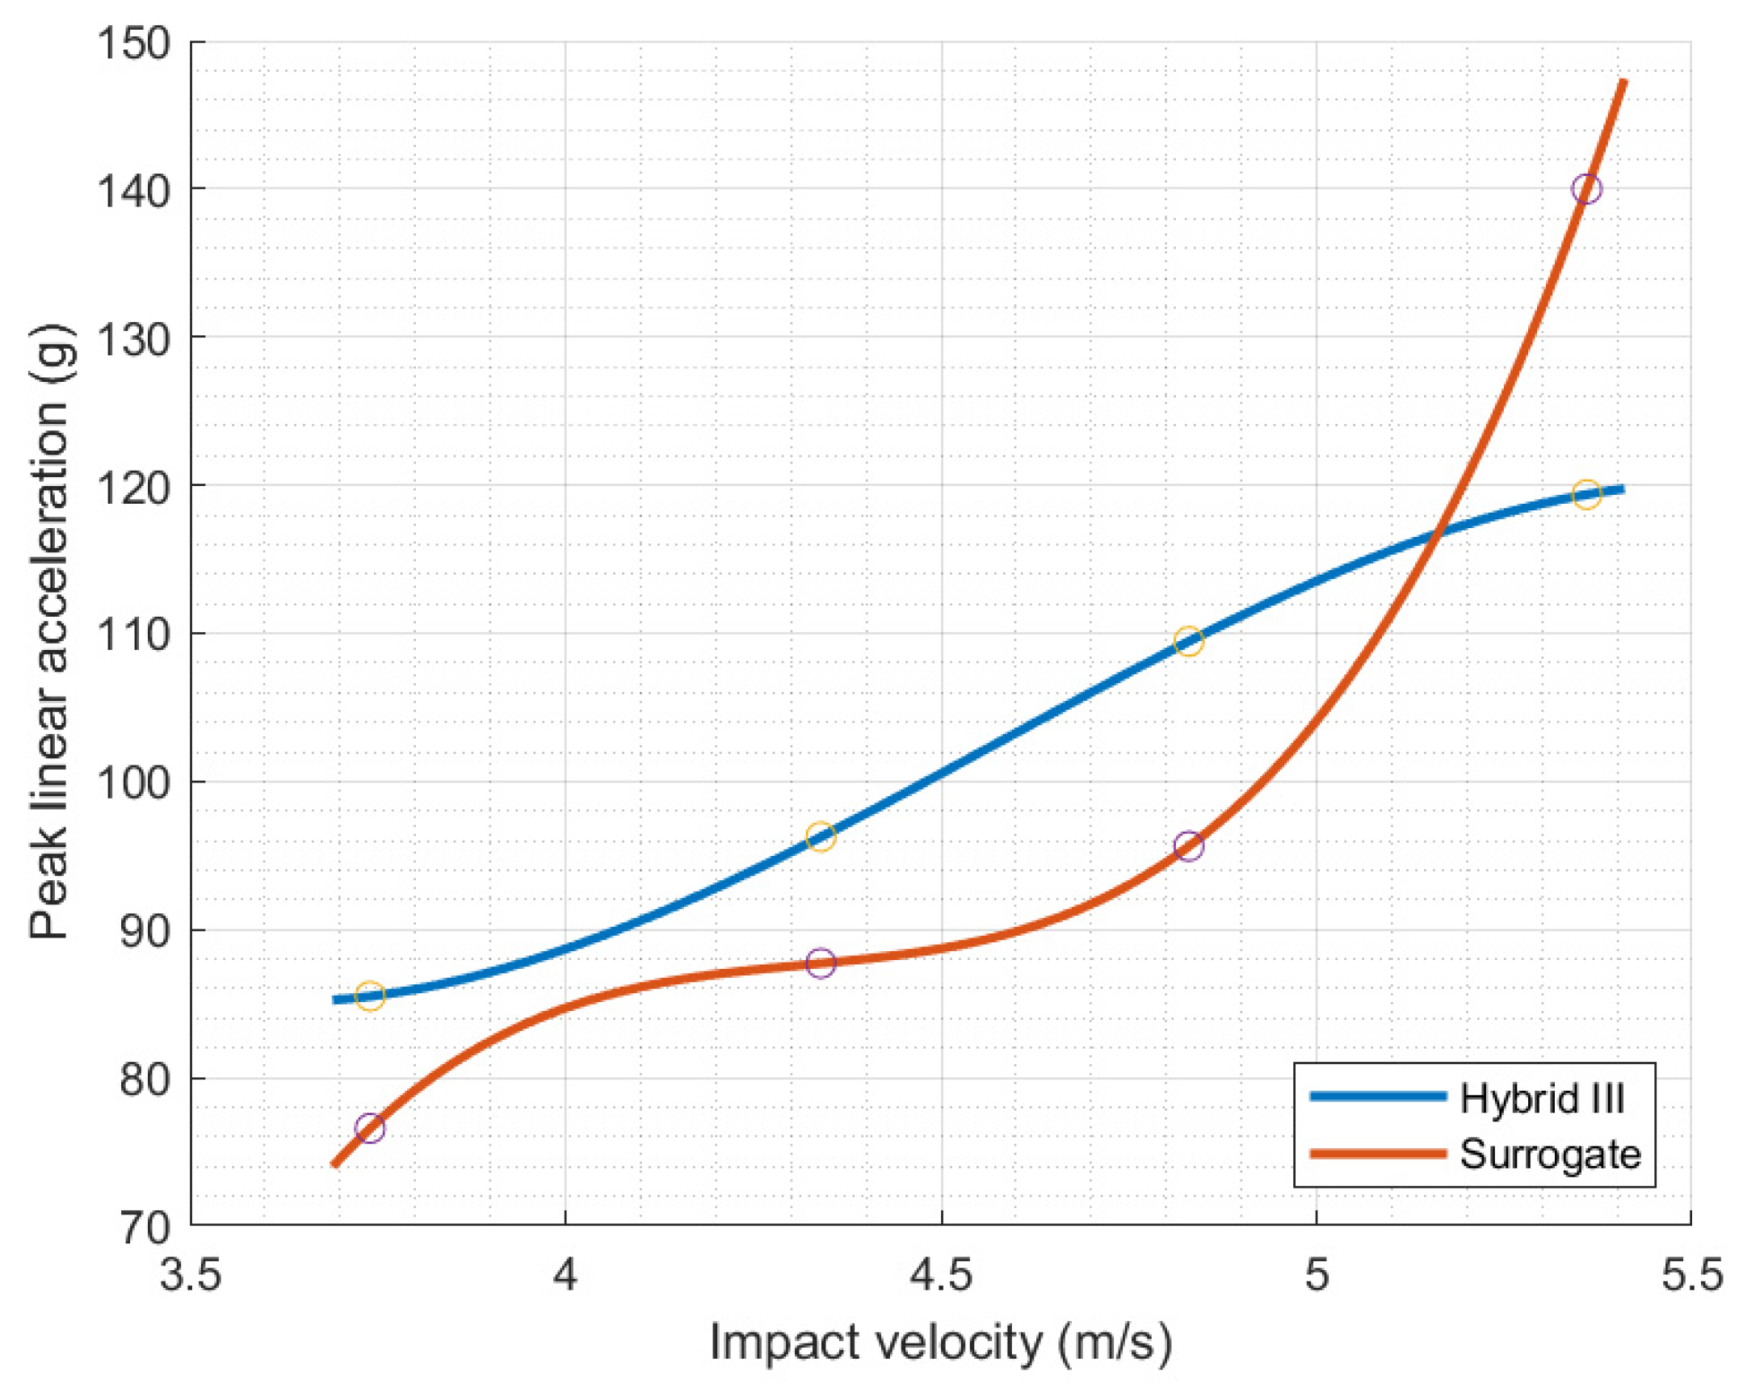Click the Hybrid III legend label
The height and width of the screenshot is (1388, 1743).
pos(1542,1099)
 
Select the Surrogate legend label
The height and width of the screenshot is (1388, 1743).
pos(1550,1155)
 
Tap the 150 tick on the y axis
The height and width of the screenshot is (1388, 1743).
pos(134,43)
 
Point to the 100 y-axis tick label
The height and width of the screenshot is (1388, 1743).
pos(134,782)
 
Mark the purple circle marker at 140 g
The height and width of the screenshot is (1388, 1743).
pos(1586,189)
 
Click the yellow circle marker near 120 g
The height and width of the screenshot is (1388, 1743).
pos(1586,494)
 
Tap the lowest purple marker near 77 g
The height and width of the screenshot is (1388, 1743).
pos(369,1128)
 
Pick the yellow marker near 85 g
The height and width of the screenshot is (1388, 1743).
pos(369,996)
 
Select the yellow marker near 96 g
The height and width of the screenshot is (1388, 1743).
pos(821,837)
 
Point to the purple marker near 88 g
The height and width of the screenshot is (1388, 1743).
pos(821,962)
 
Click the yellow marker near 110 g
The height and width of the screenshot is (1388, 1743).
pos(1187,641)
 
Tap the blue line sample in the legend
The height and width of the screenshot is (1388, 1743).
pos(1378,1097)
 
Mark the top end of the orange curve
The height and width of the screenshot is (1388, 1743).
pos(1623,82)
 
